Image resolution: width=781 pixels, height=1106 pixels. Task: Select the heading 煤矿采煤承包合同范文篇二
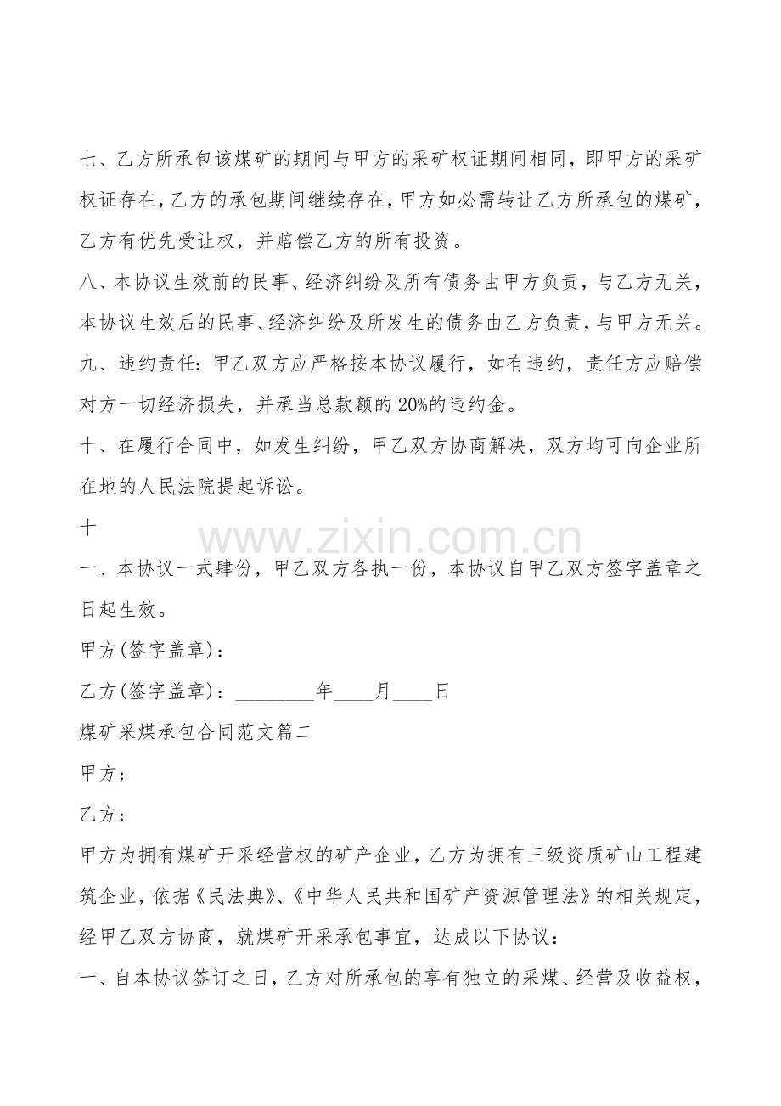196,732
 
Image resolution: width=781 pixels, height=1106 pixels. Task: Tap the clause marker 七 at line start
88,159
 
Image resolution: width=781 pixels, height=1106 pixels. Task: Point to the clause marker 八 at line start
88,282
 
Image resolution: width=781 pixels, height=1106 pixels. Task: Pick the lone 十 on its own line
88,527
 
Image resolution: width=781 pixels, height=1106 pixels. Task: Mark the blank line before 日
415,693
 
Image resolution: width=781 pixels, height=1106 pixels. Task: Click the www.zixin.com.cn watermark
390,539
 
